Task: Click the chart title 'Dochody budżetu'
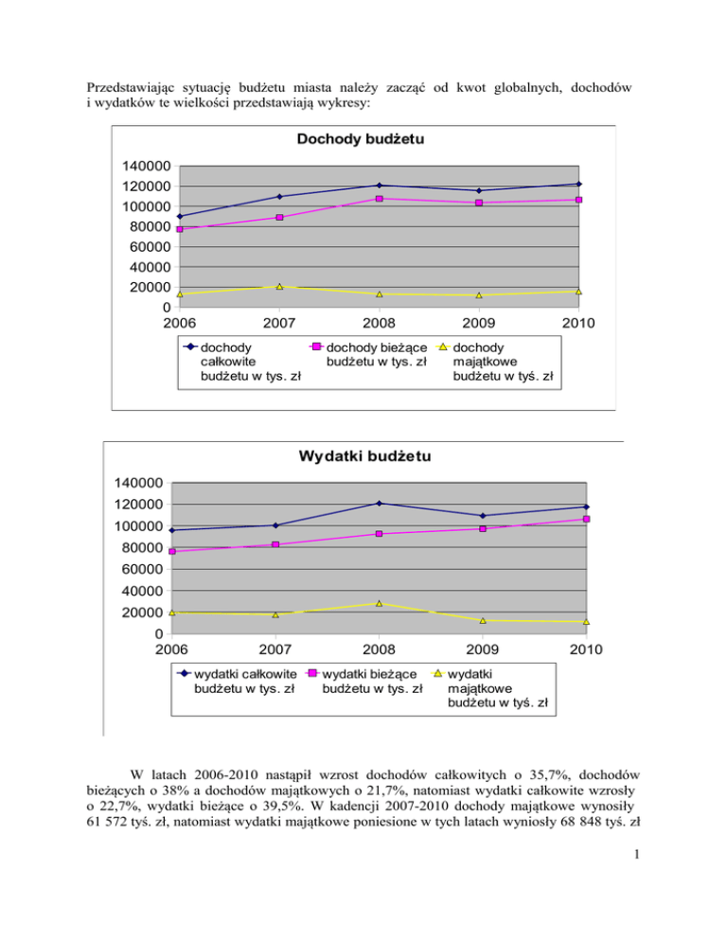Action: click(359, 140)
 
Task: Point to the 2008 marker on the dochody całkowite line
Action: click(379, 186)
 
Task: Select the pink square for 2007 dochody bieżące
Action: click(279, 217)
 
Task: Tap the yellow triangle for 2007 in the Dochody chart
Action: click(279, 286)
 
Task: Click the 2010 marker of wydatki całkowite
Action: click(586, 506)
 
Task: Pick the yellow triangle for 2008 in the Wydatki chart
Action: click(379, 603)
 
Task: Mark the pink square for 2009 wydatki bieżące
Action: click(483, 528)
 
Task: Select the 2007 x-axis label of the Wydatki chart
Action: click(275, 649)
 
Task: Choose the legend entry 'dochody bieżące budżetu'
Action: click(375, 354)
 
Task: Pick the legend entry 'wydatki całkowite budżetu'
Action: click(244, 681)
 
